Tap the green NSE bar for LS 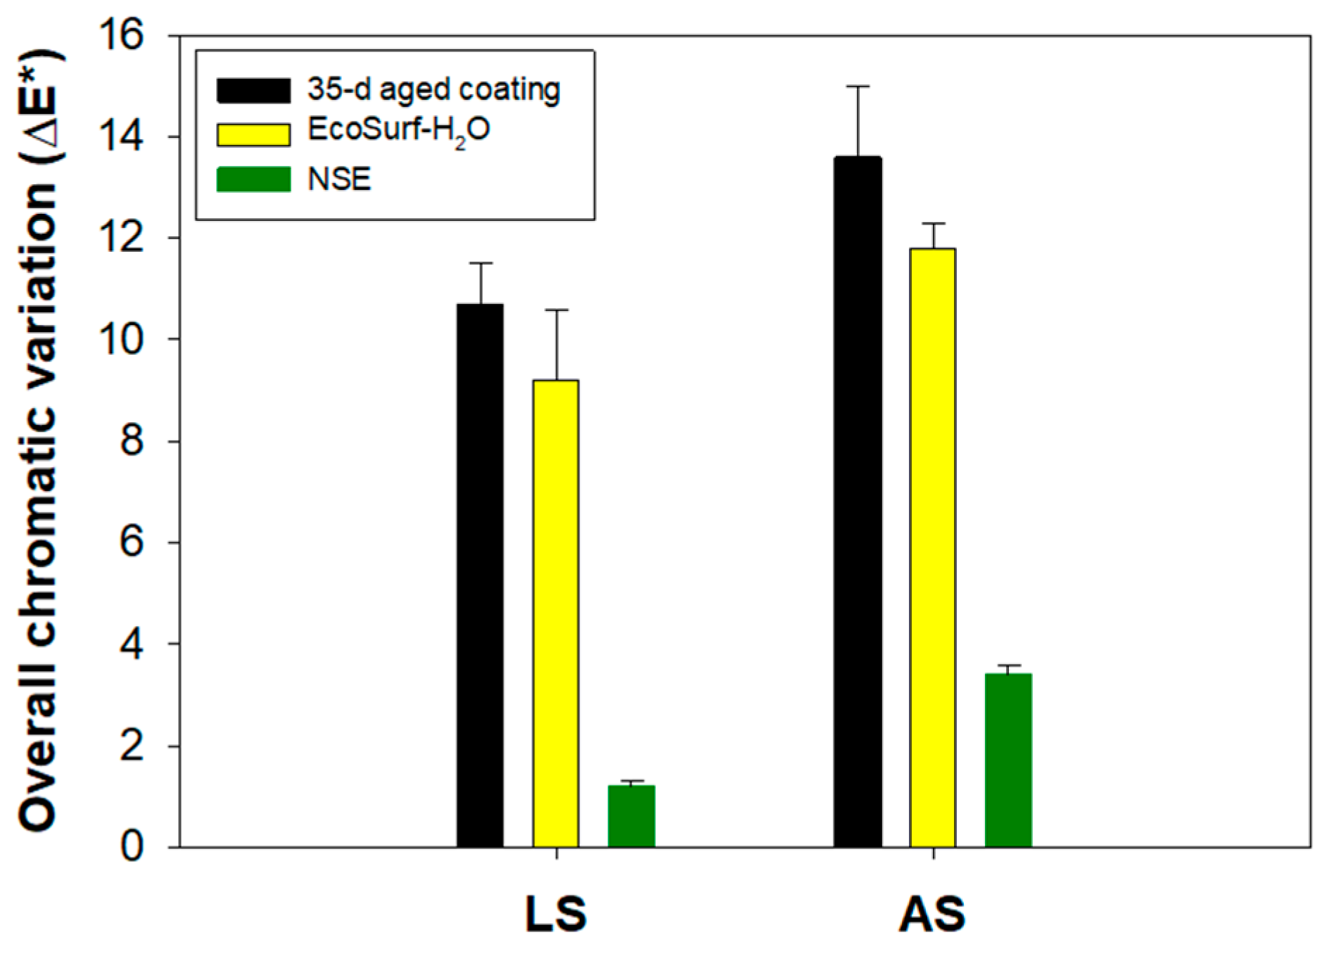pyautogui.click(x=631, y=816)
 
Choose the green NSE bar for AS pyautogui.click(x=1008, y=760)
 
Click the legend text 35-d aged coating pyautogui.click(x=433, y=90)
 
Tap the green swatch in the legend pyautogui.click(x=253, y=179)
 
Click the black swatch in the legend pyautogui.click(x=253, y=91)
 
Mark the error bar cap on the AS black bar pyautogui.click(x=858, y=87)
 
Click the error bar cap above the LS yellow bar pyautogui.click(x=556, y=310)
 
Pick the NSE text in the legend pyautogui.click(x=339, y=179)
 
